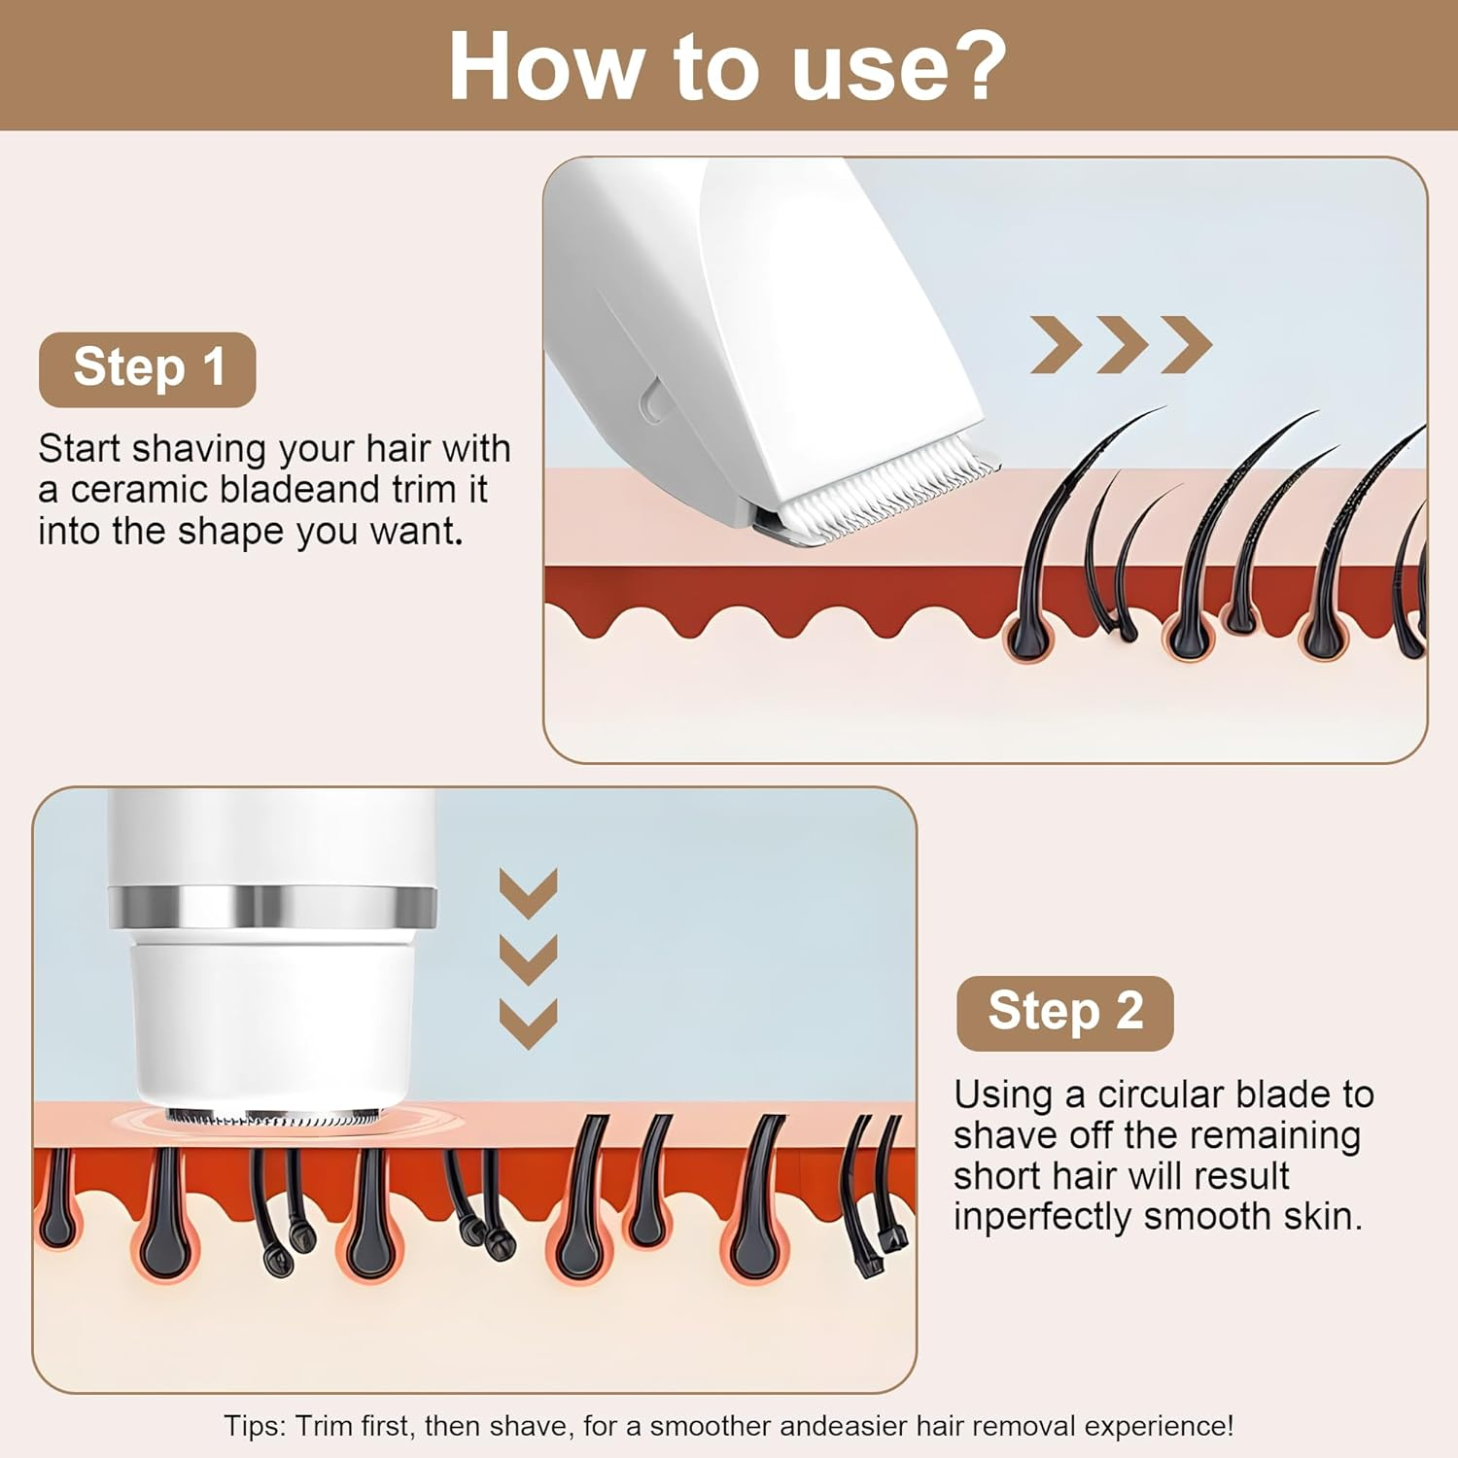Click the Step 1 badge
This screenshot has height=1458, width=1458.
(147, 369)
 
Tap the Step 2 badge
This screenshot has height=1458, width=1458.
(1064, 1013)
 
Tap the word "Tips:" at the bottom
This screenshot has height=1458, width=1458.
(256, 1426)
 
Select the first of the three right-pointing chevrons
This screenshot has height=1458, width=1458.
(1056, 344)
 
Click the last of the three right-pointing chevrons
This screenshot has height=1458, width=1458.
(1187, 344)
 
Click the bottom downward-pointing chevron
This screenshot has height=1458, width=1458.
(528, 1024)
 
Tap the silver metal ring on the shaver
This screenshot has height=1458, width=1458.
(272, 907)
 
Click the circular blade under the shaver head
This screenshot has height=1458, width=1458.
(272, 1118)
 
